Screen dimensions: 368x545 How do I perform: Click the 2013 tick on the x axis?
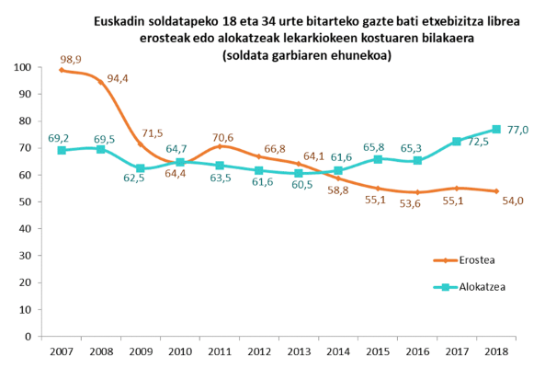point(299,351)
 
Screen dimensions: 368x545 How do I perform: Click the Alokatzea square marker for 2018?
point(496,130)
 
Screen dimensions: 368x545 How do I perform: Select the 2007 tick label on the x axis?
point(62,351)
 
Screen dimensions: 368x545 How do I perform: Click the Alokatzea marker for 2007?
point(62,150)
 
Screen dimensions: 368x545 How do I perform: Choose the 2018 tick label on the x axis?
point(496,351)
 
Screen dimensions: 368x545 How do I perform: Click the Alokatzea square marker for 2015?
point(378,159)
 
